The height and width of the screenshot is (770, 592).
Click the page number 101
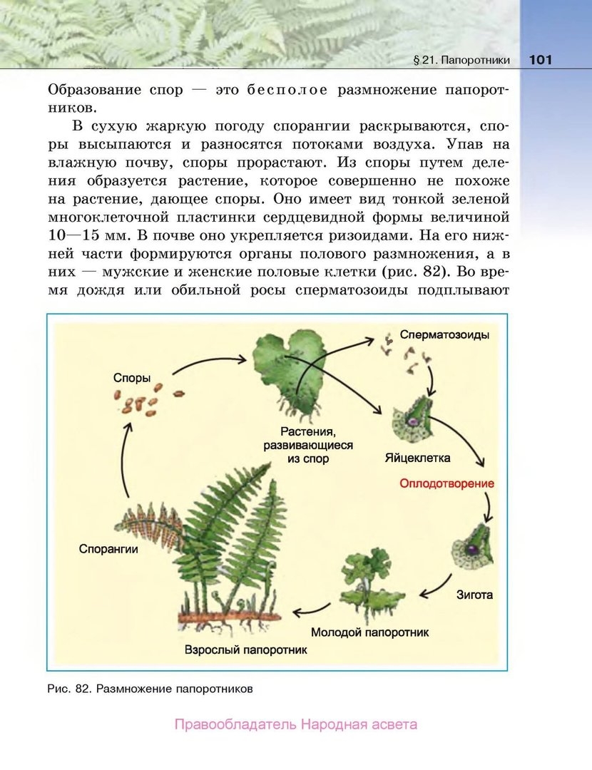541,60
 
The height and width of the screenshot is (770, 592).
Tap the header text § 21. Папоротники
461,61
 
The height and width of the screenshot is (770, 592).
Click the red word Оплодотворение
446,483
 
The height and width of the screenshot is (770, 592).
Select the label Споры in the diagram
132,376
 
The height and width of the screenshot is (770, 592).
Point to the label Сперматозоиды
444,334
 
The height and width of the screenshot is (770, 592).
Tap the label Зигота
474,594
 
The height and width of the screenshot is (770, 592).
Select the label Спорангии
108,549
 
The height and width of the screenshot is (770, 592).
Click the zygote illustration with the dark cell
471,548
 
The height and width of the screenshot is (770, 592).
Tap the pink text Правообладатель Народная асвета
295,725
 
